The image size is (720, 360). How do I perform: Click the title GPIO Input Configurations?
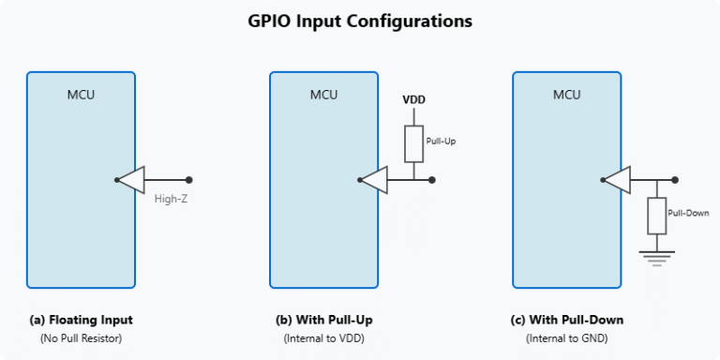tap(360, 20)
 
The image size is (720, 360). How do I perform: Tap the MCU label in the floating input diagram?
tap(81, 95)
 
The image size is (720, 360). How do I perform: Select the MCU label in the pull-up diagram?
tap(323, 95)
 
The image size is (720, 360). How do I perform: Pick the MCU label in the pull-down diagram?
tap(566, 95)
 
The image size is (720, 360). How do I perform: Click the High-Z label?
tap(172, 199)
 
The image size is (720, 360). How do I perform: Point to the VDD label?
tap(412, 99)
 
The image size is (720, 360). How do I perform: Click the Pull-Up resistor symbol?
tap(413, 142)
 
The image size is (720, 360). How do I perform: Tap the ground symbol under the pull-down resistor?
tap(656, 254)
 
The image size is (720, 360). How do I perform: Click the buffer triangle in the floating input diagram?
tap(132, 180)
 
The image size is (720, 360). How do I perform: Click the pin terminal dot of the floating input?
tap(189, 180)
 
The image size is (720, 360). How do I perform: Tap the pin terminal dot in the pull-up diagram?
tap(432, 180)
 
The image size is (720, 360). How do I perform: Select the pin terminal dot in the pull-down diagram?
tap(675, 180)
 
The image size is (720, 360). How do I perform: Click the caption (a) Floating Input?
tap(81, 320)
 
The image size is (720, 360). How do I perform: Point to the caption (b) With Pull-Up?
tap(323, 320)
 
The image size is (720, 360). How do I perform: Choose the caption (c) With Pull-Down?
tap(566, 320)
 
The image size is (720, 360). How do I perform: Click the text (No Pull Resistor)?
tap(81, 337)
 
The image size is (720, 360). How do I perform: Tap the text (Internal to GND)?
tap(566, 337)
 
